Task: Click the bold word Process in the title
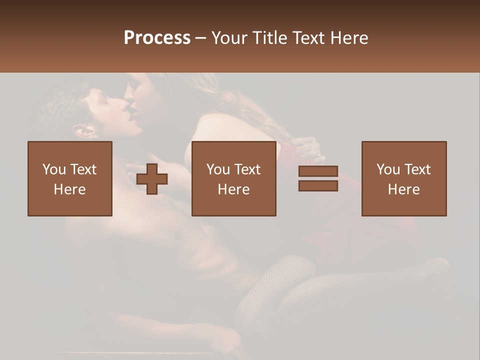point(157,38)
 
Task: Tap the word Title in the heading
point(270,38)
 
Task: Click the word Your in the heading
point(230,38)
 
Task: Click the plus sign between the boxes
point(152,179)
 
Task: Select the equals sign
point(318,178)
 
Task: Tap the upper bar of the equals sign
point(318,171)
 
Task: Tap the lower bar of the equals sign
point(318,186)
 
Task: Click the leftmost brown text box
point(70,178)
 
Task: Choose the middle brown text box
point(234,178)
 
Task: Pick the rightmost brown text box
point(404,178)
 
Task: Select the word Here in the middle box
point(234,189)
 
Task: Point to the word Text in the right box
point(417,169)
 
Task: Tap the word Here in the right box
point(404,189)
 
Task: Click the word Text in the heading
point(308,38)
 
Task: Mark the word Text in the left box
point(83,169)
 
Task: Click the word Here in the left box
point(70,189)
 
